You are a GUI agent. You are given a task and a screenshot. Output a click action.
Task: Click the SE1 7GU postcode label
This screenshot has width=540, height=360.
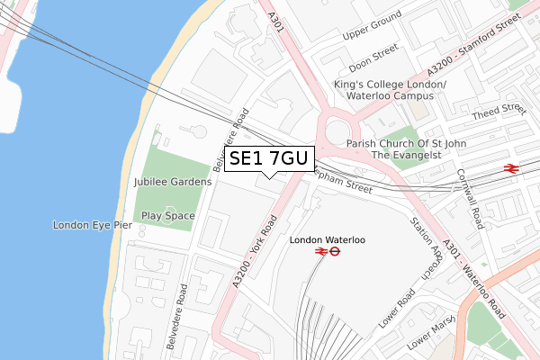(x=269, y=158)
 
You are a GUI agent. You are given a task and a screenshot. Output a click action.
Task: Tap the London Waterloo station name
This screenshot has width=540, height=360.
(x=328, y=240)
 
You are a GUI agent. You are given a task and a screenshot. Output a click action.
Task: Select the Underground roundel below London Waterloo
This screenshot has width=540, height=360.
(x=335, y=254)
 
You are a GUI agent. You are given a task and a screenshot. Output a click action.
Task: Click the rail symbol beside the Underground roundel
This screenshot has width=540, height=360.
(x=319, y=254)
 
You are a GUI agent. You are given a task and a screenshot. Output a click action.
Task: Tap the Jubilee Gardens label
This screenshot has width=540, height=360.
(x=172, y=182)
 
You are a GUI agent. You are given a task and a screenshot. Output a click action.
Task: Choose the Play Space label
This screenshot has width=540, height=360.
(x=167, y=216)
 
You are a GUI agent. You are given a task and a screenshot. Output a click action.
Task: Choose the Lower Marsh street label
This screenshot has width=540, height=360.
(x=430, y=337)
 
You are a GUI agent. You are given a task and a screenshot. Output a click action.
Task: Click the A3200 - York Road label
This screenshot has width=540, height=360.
(x=253, y=253)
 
